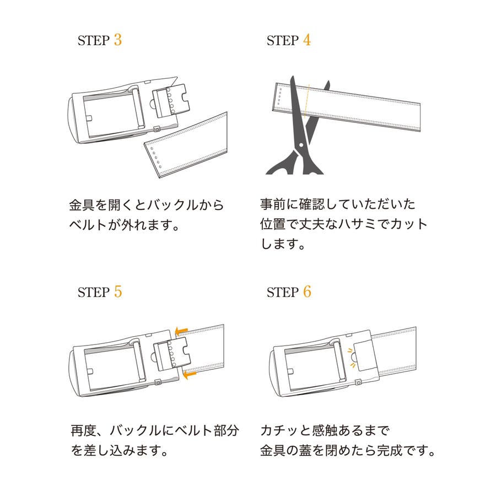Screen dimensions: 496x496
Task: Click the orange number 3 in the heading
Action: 118,40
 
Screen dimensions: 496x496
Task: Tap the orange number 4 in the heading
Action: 307,40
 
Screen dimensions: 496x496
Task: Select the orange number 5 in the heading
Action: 118,292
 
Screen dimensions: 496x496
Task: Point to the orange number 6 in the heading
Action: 307,292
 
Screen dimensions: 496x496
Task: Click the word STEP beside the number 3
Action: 93,40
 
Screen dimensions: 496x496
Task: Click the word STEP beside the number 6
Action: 283,292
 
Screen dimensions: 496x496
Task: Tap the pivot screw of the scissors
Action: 301,145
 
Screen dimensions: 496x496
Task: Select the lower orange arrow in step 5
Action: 190,375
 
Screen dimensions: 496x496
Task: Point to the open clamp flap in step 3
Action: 171,100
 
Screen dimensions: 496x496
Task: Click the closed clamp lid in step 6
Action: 365,357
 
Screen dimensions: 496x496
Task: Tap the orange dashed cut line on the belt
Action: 306,101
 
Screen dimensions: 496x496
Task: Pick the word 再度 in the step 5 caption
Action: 83,431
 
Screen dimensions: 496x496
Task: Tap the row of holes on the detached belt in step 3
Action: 156,158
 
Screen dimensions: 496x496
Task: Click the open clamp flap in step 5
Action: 172,354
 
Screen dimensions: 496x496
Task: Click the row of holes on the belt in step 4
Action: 279,96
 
